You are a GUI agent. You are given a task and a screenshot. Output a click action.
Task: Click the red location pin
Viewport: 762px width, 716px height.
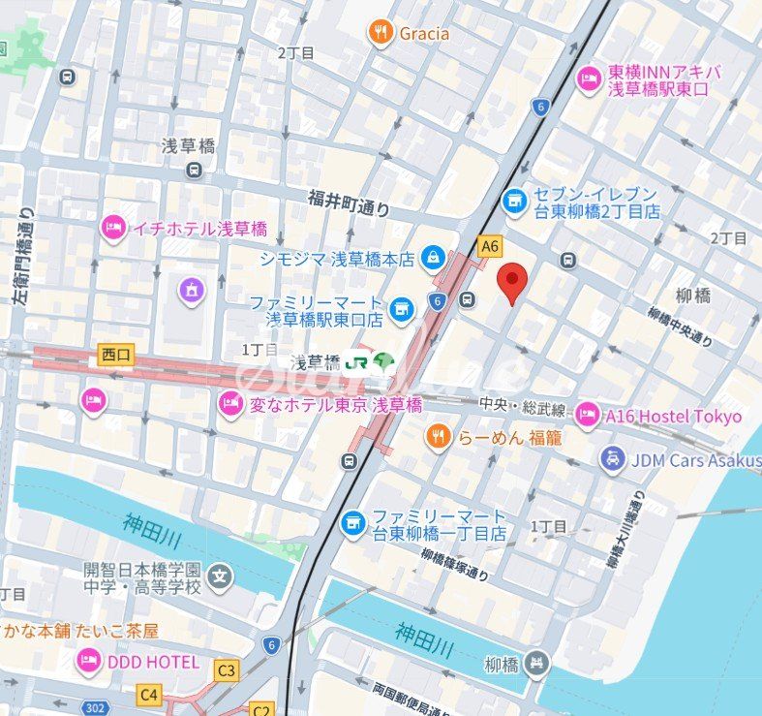point(512,282)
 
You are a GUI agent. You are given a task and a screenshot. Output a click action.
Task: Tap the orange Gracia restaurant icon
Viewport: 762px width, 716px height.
point(381,34)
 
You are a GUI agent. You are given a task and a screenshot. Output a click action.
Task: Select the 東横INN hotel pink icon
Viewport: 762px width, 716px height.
point(589,79)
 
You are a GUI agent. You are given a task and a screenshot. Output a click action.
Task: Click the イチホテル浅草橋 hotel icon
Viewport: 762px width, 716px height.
point(113,229)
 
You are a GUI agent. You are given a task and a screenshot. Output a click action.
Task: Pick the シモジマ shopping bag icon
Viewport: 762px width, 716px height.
point(433,259)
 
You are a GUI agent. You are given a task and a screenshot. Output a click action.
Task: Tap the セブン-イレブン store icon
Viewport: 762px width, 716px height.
point(515,201)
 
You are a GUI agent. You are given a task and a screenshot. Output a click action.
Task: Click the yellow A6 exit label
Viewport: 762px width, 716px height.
point(490,246)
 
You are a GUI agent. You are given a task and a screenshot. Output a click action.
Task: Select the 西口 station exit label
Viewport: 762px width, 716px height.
point(114,357)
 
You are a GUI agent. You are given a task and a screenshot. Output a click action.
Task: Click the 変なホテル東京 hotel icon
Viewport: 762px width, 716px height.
point(230,403)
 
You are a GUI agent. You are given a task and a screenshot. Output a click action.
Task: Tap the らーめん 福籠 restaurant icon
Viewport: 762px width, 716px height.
point(439,437)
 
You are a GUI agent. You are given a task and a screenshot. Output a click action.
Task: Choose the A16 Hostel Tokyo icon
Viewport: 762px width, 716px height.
point(587,416)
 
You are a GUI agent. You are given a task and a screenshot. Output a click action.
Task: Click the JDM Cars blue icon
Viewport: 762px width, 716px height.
point(611,459)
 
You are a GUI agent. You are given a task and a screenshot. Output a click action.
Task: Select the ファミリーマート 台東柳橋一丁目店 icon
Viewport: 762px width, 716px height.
point(353,524)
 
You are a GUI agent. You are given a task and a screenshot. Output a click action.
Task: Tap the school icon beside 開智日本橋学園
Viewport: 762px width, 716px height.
point(222,577)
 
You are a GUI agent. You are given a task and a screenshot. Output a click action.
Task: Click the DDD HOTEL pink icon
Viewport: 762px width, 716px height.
point(88,662)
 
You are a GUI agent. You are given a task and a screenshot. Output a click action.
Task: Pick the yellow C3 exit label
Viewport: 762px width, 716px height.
point(227,669)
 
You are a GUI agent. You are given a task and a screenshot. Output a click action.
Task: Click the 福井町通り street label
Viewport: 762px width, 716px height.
point(349,202)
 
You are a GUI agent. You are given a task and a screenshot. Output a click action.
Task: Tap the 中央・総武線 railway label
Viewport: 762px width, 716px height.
point(524,403)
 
